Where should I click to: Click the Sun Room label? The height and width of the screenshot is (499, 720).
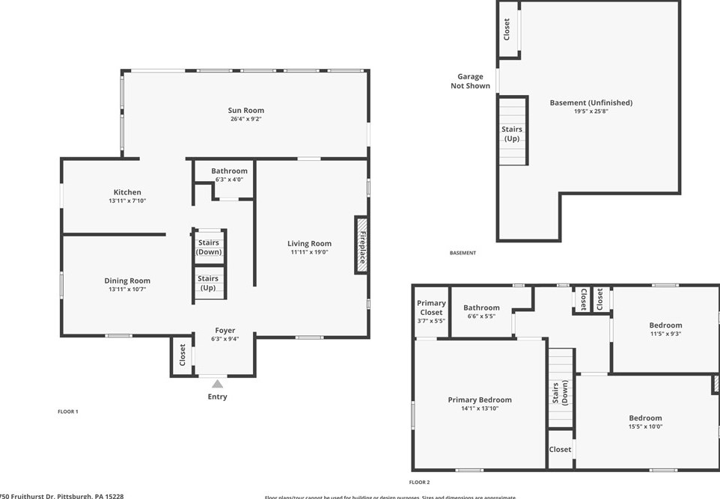click(246, 111)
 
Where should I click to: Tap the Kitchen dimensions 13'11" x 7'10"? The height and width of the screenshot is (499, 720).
click(126, 201)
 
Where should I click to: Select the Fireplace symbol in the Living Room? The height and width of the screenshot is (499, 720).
click(361, 245)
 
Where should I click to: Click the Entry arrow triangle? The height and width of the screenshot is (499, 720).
click(217, 384)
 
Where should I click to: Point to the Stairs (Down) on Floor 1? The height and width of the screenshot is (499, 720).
click(209, 247)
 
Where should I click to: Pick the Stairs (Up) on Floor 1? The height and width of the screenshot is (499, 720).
click(208, 283)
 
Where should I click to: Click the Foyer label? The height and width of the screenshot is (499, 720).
click(225, 330)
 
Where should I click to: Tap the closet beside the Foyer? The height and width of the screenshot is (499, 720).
click(182, 355)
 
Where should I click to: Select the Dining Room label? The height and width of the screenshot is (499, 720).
click(127, 281)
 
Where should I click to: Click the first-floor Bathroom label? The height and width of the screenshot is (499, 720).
click(229, 171)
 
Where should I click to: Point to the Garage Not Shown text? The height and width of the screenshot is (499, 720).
click(470, 81)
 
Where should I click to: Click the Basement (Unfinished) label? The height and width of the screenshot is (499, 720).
click(591, 102)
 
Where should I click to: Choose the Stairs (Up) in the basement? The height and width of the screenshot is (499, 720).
click(512, 134)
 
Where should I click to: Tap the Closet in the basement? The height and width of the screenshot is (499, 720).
click(507, 29)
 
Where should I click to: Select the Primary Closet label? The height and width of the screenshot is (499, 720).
click(431, 307)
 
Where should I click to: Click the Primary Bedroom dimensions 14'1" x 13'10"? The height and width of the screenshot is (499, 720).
click(480, 408)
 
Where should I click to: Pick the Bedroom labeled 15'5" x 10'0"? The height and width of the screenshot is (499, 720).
click(644, 418)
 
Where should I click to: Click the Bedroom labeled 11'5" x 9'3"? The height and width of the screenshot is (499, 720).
click(665, 325)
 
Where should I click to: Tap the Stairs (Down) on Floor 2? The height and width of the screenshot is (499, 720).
click(560, 392)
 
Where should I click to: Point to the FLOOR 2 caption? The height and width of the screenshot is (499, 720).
click(419, 483)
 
